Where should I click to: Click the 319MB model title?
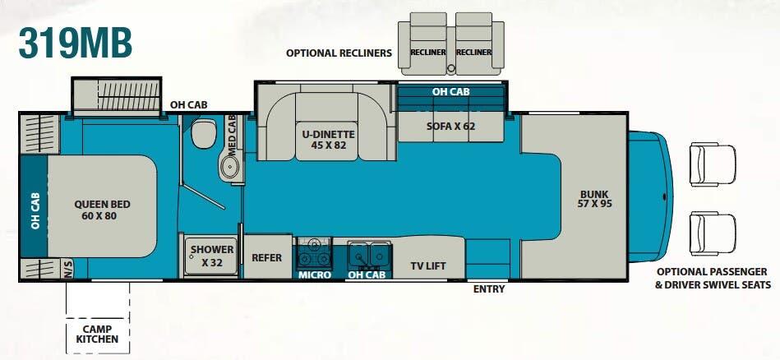(x=76, y=43)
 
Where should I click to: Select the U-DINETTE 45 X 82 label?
(x=328, y=140)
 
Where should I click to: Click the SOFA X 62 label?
(x=450, y=127)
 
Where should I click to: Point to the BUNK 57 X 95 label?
(x=594, y=199)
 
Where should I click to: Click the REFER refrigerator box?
(x=267, y=257)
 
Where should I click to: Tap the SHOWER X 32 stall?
(x=212, y=256)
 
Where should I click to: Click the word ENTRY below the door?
(x=489, y=288)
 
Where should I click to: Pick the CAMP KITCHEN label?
(x=98, y=335)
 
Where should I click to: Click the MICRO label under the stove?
(x=315, y=275)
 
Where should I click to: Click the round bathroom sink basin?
(x=230, y=167)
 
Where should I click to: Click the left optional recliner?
(x=427, y=44)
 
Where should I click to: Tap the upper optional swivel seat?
(x=713, y=165)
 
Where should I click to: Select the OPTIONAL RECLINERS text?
(x=339, y=53)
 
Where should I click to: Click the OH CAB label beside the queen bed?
(x=35, y=211)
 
